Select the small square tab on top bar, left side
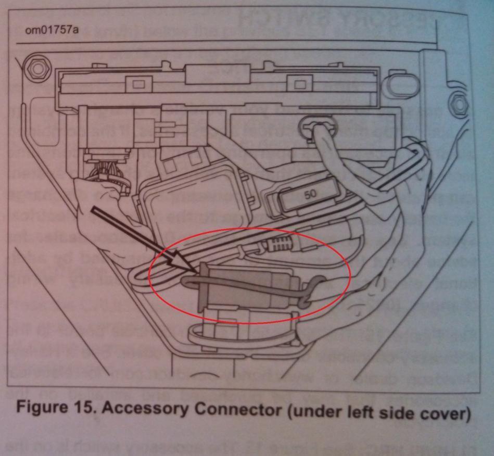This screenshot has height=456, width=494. click(x=138, y=84)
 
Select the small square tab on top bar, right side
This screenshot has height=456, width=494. click(x=299, y=84)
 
